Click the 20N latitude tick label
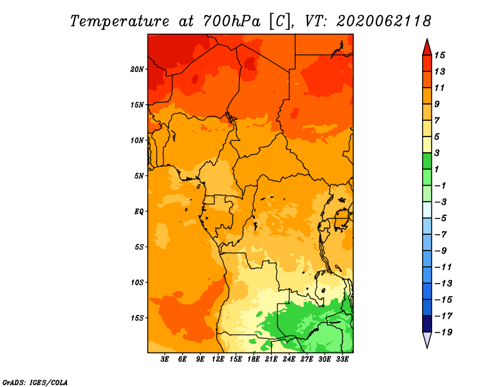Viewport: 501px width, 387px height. pos(137,70)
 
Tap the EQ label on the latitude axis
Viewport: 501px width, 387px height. pos(139,212)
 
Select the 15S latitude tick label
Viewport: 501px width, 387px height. pos(137,318)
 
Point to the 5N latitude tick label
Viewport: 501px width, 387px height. pos(139,176)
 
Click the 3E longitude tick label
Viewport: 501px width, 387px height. pos(165,359)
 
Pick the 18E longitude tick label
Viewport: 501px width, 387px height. pos(254,359)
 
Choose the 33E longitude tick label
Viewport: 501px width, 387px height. pos(342,359)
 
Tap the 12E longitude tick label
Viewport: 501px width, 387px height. pos(218,359)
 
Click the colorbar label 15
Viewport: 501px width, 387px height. pos(440,55)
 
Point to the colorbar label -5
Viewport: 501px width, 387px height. pos(441,219)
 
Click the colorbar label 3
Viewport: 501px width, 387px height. pos(437,153)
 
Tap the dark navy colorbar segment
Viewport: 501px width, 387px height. pos(427,324)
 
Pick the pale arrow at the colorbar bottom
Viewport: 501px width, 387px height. pos(427,339)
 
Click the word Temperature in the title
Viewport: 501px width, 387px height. pos(120,21)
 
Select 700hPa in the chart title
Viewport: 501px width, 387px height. pos(232,21)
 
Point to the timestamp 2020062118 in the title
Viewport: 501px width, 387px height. pos(384,21)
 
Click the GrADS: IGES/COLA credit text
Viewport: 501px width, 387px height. pos(35,383)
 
